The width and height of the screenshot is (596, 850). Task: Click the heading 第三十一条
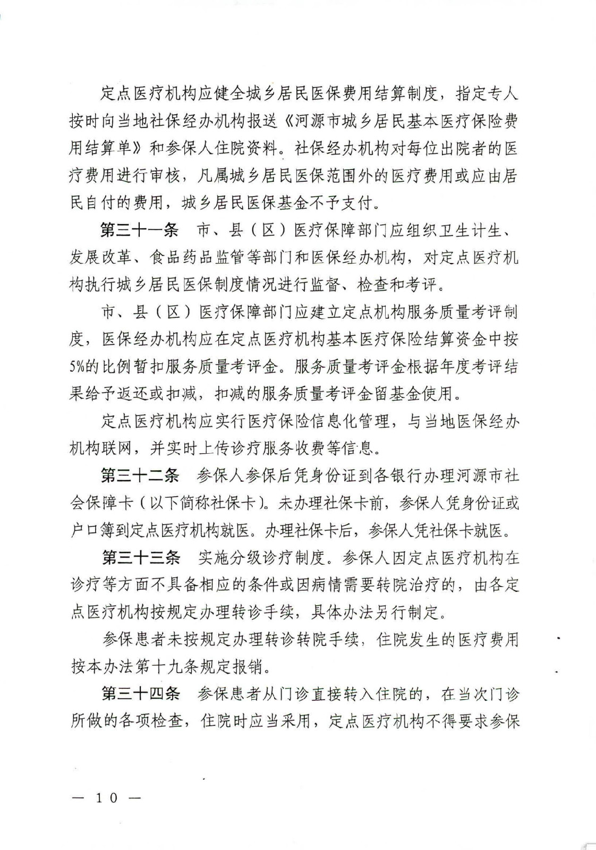coord(139,231)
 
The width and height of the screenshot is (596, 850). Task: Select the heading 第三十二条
coord(139,475)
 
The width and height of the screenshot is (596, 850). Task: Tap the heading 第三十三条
coord(141,557)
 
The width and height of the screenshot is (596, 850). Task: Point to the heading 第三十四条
coord(141,693)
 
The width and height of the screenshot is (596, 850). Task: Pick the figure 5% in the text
coord(77,367)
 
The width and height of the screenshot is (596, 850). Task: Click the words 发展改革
coord(100,258)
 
